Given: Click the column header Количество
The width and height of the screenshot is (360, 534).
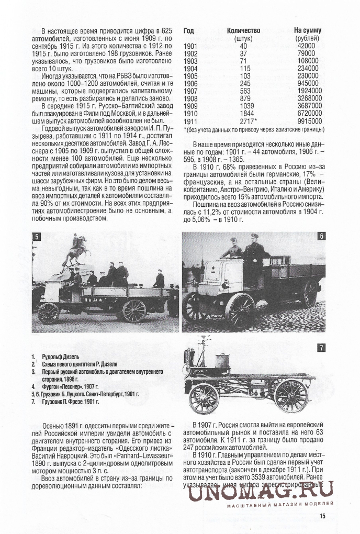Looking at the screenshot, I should pyautogui.click(x=244, y=30).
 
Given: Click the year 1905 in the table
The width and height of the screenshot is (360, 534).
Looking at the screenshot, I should pyautogui.click(x=191, y=75).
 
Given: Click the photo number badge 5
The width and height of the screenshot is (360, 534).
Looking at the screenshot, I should pyautogui.click(x=36, y=236).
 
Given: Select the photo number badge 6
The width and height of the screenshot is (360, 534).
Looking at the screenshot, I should pyautogui.click(x=322, y=236).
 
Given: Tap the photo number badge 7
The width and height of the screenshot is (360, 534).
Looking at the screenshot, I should pyautogui.click(x=322, y=347).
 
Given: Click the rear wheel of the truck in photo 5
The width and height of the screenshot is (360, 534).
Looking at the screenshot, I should pyautogui.click(x=134, y=310).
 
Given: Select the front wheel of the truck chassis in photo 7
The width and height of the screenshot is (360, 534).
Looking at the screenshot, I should pyautogui.click(x=204, y=398).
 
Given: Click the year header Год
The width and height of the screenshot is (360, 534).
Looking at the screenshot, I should pyautogui.click(x=188, y=30).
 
